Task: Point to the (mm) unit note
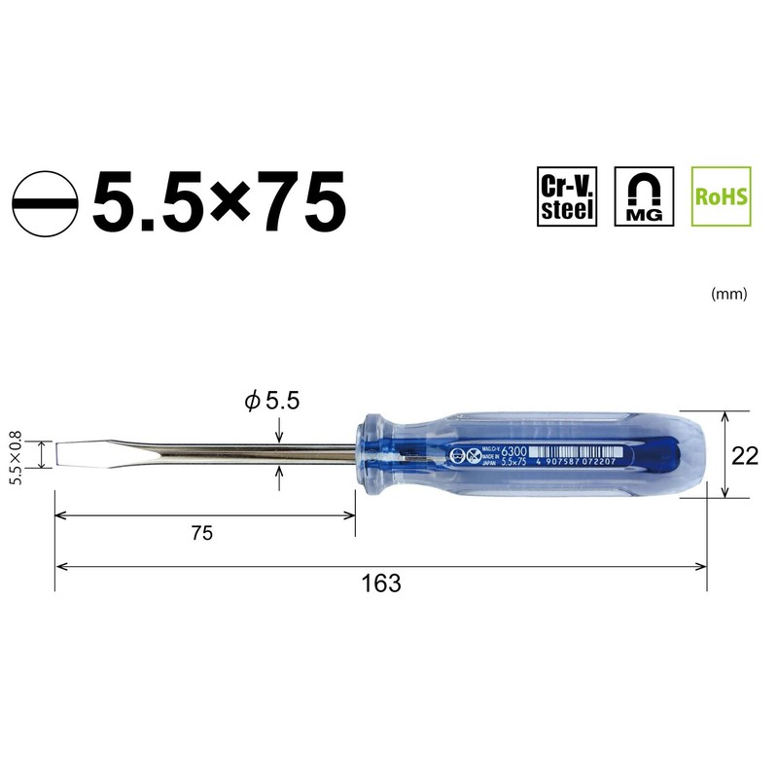pyautogui.click(x=729, y=294)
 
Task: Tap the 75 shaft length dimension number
pyautogui.click(x=201, y=532)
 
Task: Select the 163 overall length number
pyautogui.click(x=380, y=583)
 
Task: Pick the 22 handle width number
pyautogui.click(x=745, y=454)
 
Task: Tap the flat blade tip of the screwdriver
pyautogui.click(x=64, y=453)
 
